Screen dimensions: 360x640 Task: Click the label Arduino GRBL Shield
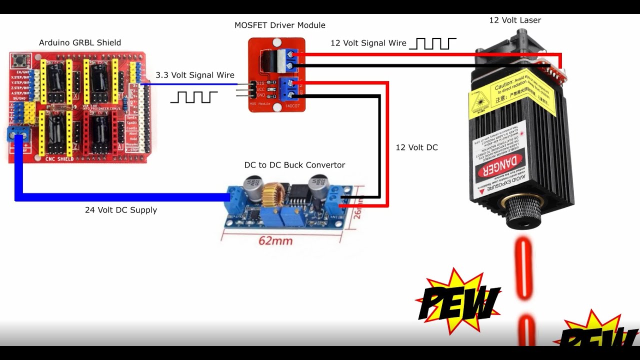80,43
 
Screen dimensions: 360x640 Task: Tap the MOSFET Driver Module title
280,25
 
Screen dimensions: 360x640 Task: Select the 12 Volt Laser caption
515,20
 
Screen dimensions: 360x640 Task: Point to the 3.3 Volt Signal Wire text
195,75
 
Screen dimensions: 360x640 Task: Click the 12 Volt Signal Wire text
368,43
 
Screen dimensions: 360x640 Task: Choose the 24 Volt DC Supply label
121,210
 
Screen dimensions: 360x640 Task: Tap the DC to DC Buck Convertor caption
294,165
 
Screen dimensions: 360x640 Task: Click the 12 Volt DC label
416,148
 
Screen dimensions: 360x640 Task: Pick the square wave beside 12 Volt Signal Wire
432,43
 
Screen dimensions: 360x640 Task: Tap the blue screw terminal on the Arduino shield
18,134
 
